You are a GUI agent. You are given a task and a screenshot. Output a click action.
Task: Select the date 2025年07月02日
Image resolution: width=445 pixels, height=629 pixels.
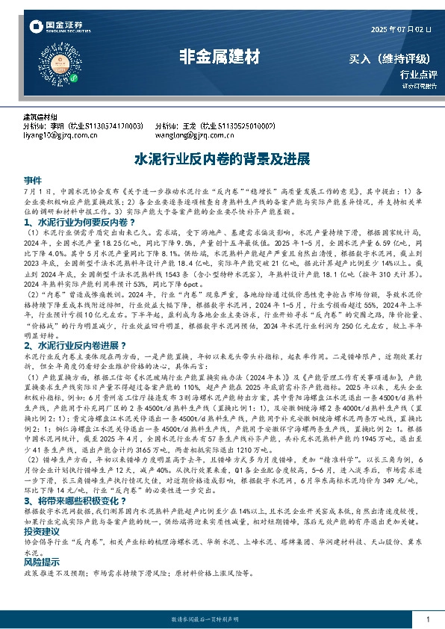[x=401, y=29]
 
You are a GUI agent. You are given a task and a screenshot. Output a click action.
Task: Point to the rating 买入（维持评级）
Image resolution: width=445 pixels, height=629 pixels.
[x=393, y=58]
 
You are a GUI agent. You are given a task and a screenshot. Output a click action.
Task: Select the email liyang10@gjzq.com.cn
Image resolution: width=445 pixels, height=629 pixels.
[x=60, y=136]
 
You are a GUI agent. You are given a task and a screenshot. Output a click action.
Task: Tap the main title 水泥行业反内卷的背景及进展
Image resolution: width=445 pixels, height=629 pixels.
[x=221, y=159]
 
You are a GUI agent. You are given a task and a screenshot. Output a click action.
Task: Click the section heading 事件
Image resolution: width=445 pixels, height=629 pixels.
[x=33, y=182]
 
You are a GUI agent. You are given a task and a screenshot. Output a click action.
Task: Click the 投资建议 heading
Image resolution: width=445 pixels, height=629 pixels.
[x=42, y=551]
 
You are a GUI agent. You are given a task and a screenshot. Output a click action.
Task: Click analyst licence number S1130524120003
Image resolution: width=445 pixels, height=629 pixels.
[x=110, y=127]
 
